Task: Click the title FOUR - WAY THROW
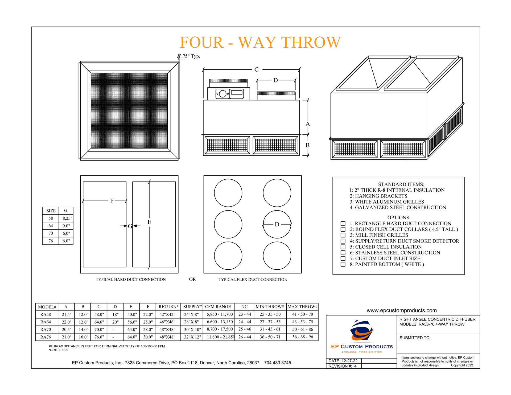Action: (260, 42)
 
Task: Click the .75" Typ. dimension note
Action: (191, 56)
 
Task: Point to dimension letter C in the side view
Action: (256, 69)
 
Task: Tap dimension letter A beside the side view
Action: (308, 124)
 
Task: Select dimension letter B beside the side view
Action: (307, 145)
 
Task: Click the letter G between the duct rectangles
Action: (130, 226)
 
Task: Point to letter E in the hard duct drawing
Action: (149, 222)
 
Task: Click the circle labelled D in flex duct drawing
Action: (277, 224)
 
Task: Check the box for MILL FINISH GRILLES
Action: (343, 235)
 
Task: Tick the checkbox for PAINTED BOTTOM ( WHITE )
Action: (343, 264)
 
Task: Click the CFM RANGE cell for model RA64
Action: (220, 322)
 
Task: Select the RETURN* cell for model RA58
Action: (167, 314)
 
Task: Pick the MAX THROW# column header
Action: (302, 307)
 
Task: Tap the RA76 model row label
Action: (46, 337)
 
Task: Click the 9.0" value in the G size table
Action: (66, 226)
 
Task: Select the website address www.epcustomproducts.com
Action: (401, 310)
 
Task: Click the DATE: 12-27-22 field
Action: (343, 361)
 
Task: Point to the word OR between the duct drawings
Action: (192, 279)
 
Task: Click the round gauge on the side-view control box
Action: (222, 94)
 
